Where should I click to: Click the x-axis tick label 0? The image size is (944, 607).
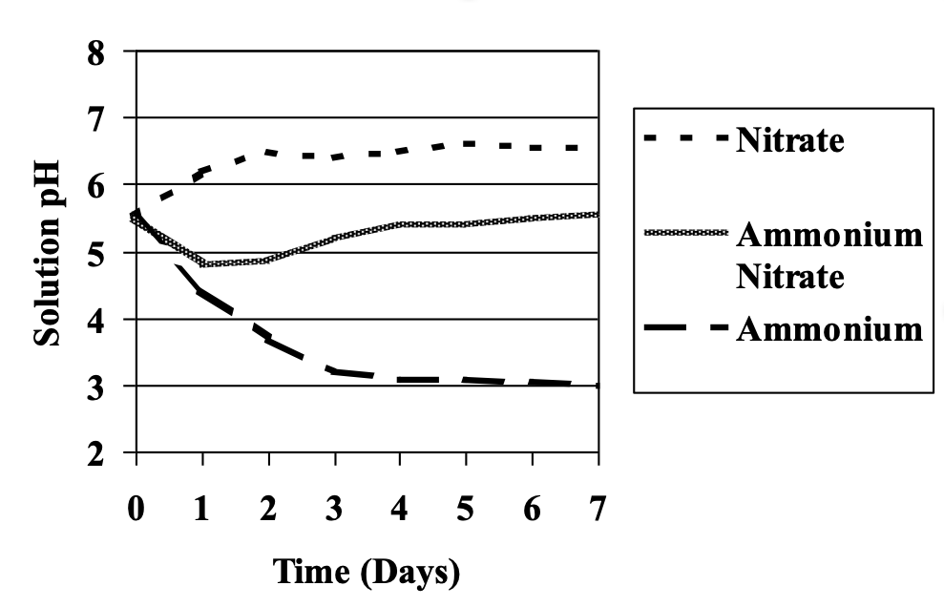click(136, 510)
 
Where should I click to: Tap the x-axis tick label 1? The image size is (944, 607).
click(202, 510)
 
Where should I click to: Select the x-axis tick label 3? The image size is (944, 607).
click(334, 510)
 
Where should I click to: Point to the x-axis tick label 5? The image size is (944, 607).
click(467, 510)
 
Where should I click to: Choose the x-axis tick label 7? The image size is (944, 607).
click(598, 510)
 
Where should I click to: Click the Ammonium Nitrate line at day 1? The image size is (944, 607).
click(202, 263)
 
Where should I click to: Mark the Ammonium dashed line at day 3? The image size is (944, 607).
click(334, 371)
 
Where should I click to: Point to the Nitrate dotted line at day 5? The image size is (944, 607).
click(467, 143)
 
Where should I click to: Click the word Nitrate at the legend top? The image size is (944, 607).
click(790, 141)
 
